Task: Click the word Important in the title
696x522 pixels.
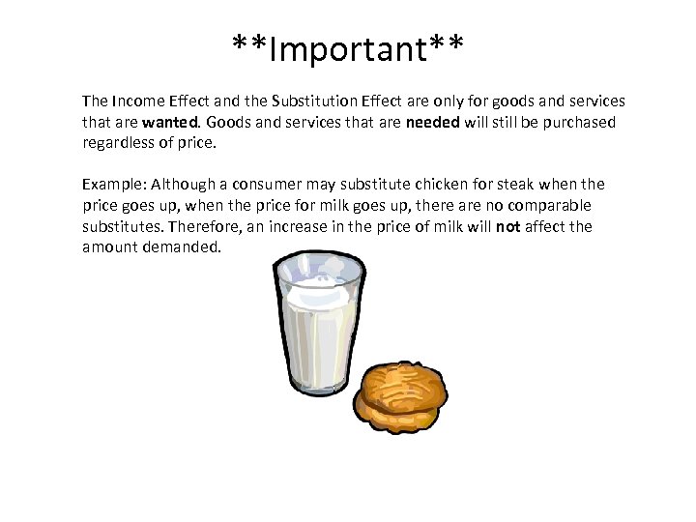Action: (348, 47)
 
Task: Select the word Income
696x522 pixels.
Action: (137, 101)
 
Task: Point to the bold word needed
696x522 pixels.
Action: (432, 122)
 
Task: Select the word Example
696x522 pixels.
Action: (112, 184)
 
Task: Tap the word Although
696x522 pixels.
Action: (184, 184)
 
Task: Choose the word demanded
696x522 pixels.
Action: (183, 247)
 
